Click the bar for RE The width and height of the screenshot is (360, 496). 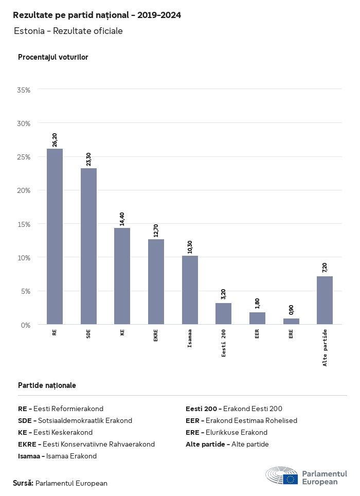click(x=55, y=237)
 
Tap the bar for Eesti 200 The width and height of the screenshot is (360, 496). click(x=223, y=314)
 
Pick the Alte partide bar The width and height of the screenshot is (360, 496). click(x=325, y=300)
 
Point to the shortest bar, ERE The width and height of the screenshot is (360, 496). click(x=291, y=322)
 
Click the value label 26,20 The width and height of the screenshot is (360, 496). click(x=55, y=140)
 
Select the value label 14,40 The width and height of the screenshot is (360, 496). click(x=122, y=219)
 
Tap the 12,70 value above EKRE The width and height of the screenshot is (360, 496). click(x=156, y=231)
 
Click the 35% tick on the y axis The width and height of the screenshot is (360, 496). click(x=24, y=90)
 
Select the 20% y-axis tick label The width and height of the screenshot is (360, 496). click(x=24, y=190)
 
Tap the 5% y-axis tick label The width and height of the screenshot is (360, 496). click(x=26, y=291)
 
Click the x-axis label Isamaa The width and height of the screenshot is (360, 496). click(x=190, y=338)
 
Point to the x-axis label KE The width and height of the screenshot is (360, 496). click(x=122, y=332)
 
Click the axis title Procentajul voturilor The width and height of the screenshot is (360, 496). click(x=53, y=57)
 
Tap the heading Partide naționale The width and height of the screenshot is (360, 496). click(x=47, y=385)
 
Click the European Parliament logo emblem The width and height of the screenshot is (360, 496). click(x=282, y=476)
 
